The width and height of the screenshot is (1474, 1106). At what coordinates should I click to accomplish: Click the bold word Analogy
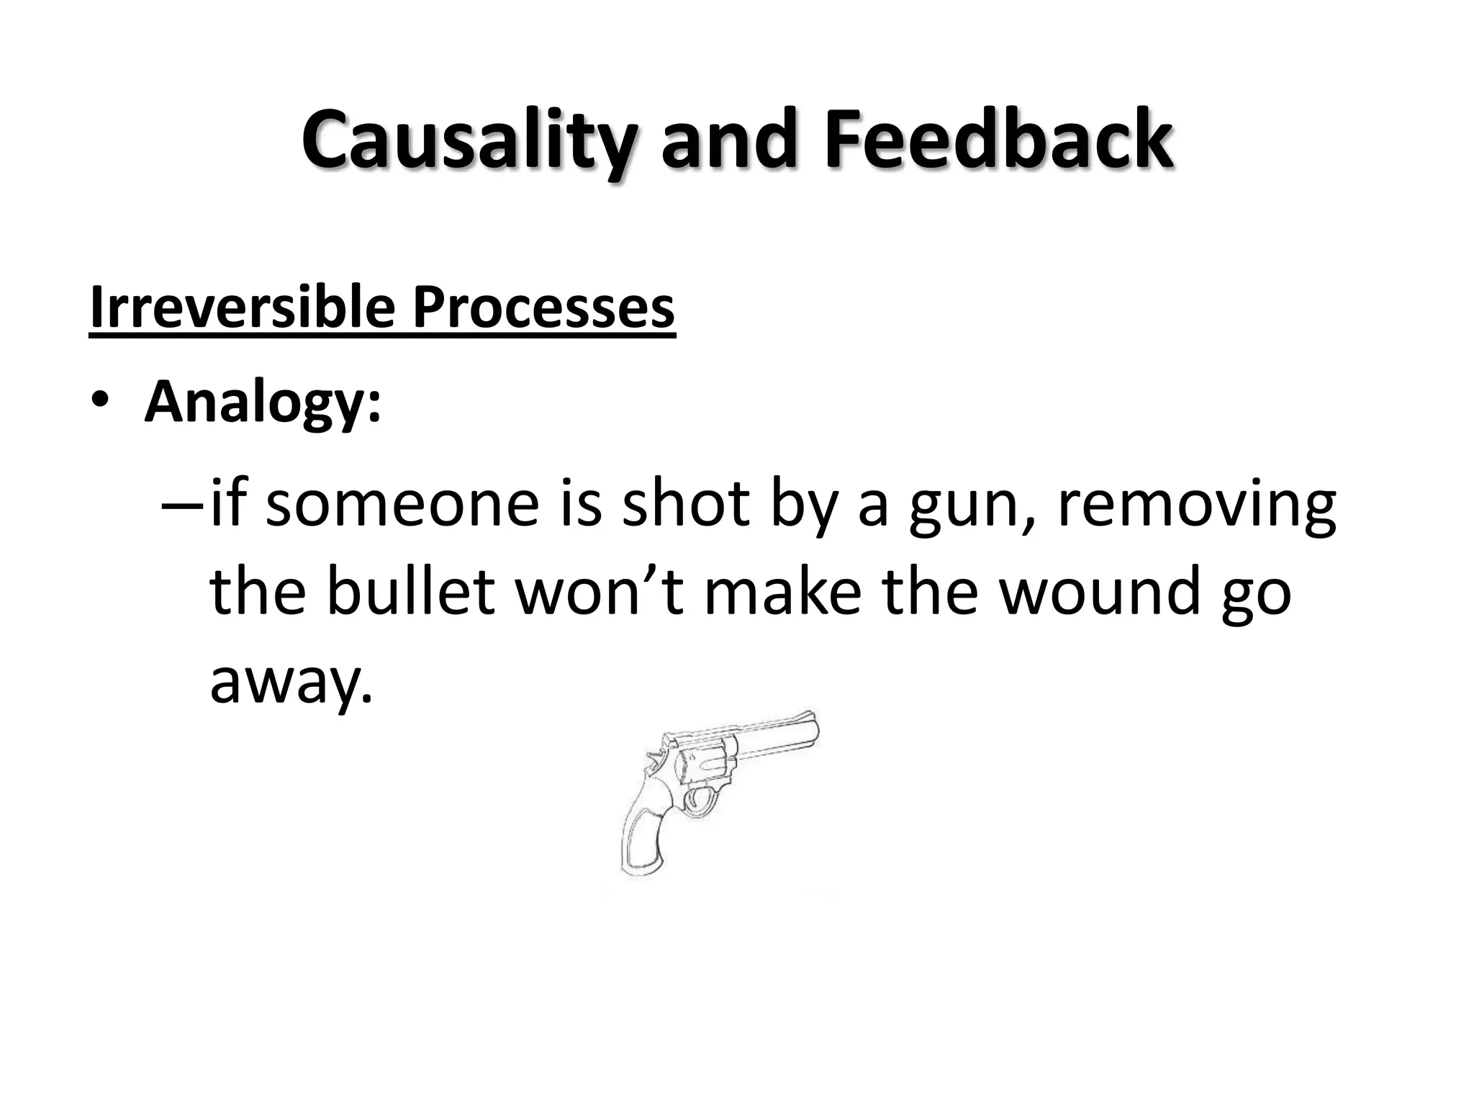[262, 403]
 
